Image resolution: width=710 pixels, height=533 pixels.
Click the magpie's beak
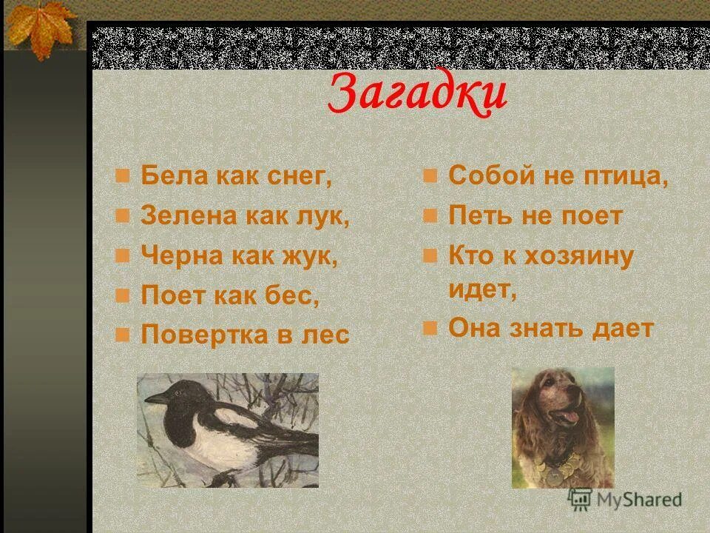coord(154,399)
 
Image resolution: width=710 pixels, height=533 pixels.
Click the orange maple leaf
coord(41,26)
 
